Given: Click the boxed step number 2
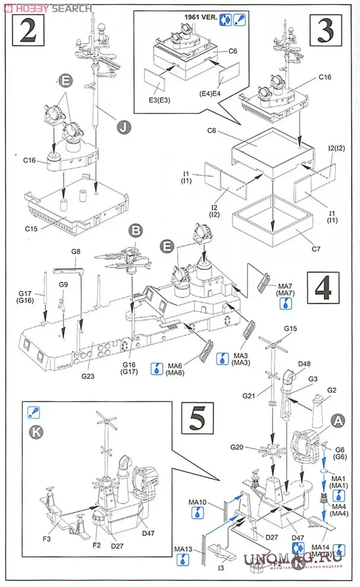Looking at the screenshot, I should [28, 30].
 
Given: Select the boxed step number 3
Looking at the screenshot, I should [325, 30].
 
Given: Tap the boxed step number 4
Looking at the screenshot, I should [323, 288].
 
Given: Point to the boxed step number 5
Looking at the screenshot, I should [197, 418].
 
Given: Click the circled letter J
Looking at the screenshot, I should [123, 127].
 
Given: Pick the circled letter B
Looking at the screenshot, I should [136, 231].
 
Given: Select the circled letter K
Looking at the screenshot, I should [36, 432].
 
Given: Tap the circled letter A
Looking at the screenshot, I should [338, 421].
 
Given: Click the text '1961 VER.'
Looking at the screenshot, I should [200, 17].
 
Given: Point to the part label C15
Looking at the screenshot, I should [31, 229].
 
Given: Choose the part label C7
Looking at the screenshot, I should [316, 249].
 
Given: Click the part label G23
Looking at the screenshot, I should [88, 376].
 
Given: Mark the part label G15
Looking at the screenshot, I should [290, 328].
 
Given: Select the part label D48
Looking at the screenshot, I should [304, 364].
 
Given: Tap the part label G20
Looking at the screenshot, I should [237, 447].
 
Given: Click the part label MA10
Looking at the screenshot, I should [197, 502].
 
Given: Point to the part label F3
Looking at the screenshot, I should [47, 539].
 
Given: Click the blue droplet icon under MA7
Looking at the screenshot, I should [286, 303].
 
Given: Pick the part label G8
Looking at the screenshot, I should [76, 252].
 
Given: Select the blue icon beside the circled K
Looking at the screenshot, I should [34, 412].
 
